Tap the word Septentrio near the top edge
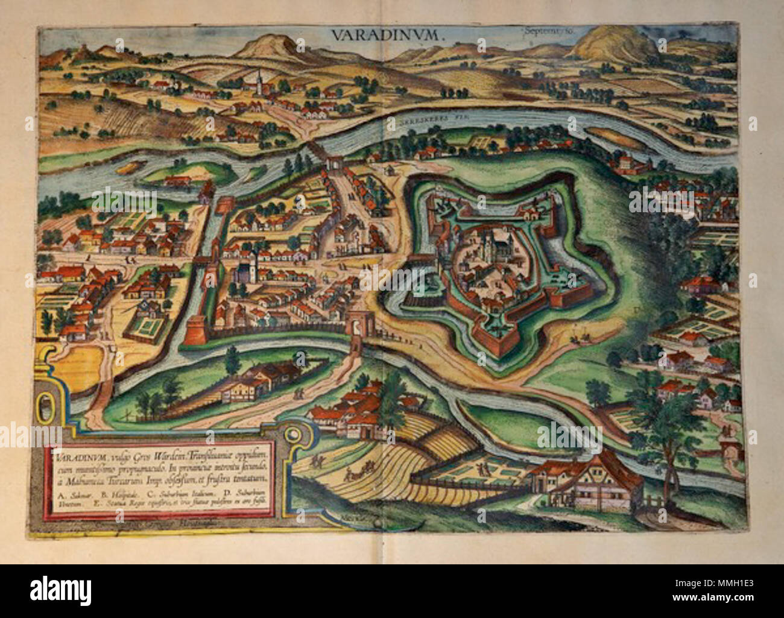point(536,28)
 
